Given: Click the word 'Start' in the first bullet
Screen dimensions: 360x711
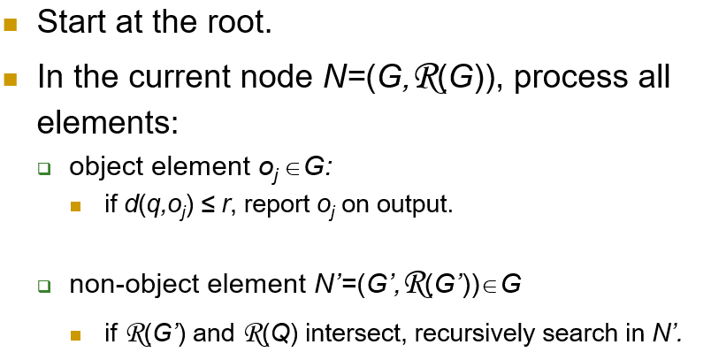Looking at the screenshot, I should pos(73,22).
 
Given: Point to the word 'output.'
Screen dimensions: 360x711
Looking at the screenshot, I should pos(418,206).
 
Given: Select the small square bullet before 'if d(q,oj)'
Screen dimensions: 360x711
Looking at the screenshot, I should pos(77,209).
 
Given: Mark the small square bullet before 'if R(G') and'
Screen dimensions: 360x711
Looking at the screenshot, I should pos(77,336).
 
